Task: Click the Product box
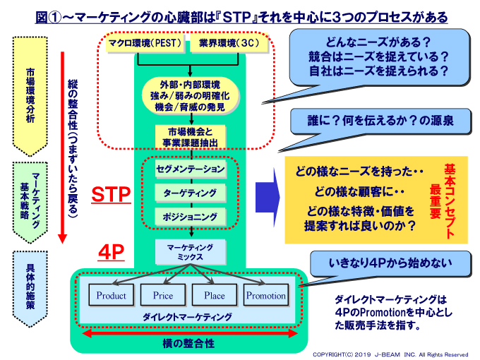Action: tap(112, 296)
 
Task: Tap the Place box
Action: tap(215, 296)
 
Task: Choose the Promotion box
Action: tap(266, 296)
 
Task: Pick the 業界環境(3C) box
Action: tap(227, 44)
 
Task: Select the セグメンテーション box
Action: tap(191, 169)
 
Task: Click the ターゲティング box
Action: tap(191, 193)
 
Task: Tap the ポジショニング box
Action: tap(191, 216)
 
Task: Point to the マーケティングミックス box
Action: tap(191, 251)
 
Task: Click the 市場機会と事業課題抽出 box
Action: tap(191, 136)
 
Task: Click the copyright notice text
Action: tap(390, 354)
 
